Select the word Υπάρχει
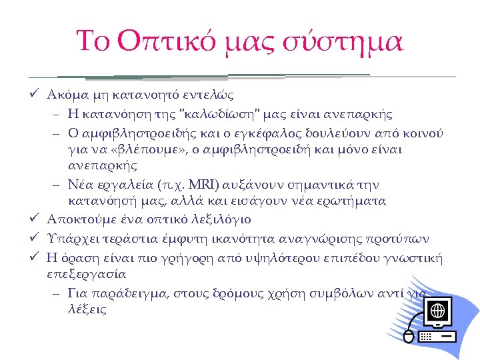70,239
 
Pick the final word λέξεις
87,310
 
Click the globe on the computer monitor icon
437,311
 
